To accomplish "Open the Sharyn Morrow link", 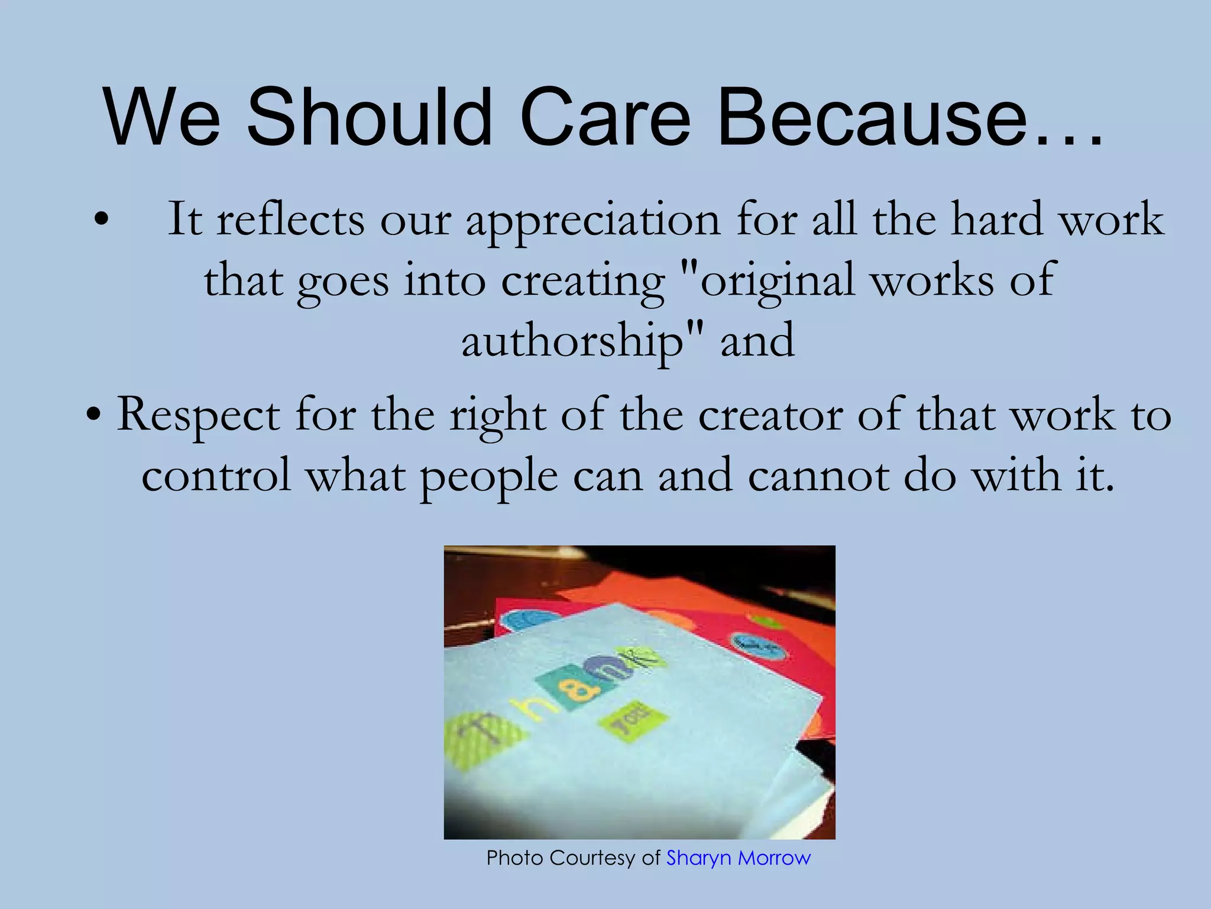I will (x=738, y=858).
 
